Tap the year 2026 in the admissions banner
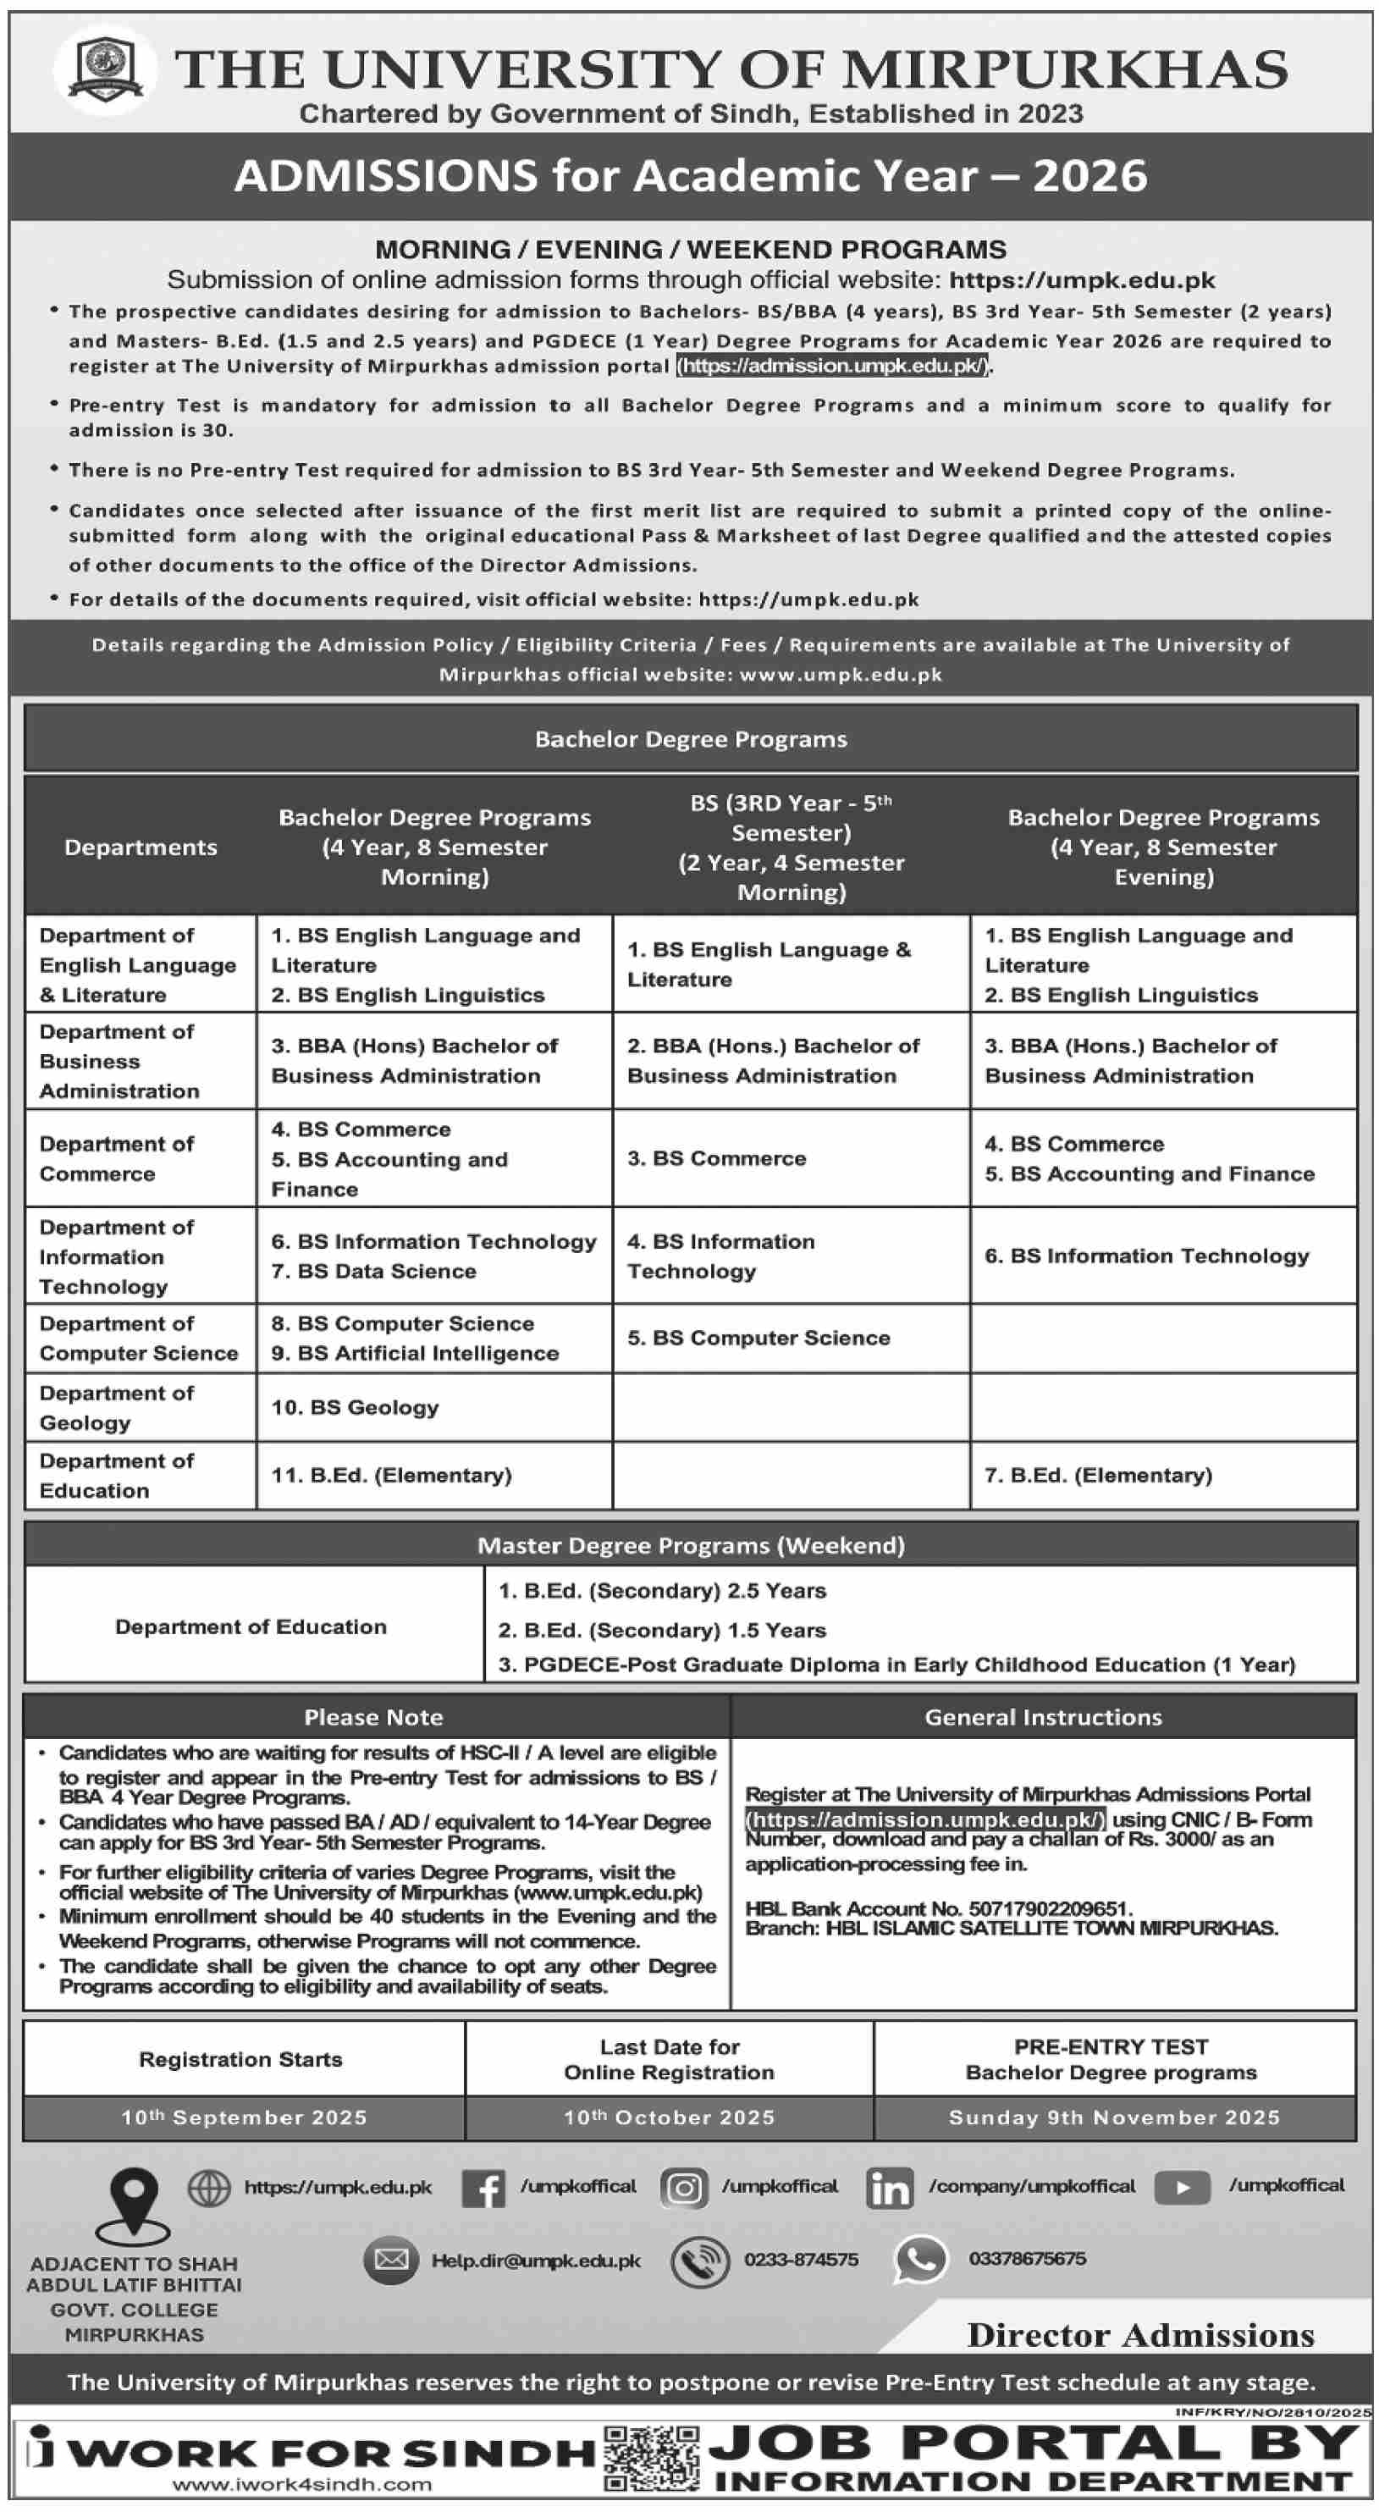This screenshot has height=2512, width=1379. pos(1089,176)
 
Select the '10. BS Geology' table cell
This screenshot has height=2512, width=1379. pos(355,1407)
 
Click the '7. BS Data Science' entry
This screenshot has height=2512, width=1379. pos(373,1272)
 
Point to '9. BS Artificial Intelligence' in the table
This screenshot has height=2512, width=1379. pos(415,1354)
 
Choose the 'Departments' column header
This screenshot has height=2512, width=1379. pos(141,847)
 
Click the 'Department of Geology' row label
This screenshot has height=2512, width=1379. pos(116,1407)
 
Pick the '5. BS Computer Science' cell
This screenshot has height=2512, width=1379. pos(758,1338)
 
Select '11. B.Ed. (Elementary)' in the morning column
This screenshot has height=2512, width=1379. pos(391,1476)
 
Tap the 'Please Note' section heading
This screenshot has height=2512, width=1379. pos(373,1717)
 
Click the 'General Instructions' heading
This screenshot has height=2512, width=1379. pos(1043,1717)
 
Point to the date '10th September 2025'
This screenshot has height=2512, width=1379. pos(243,2117)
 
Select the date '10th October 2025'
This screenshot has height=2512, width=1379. pos(669,2117)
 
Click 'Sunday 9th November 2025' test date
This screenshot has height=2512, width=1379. pos(1114,2117)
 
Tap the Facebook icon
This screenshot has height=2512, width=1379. pos(483,2189)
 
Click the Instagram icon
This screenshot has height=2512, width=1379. pos(684,2189)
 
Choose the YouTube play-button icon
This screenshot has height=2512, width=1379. pos(1182,2187)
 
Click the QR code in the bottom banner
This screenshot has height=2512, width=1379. pos(652,2460)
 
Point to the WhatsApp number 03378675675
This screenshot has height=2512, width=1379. pos(1027,2260)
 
